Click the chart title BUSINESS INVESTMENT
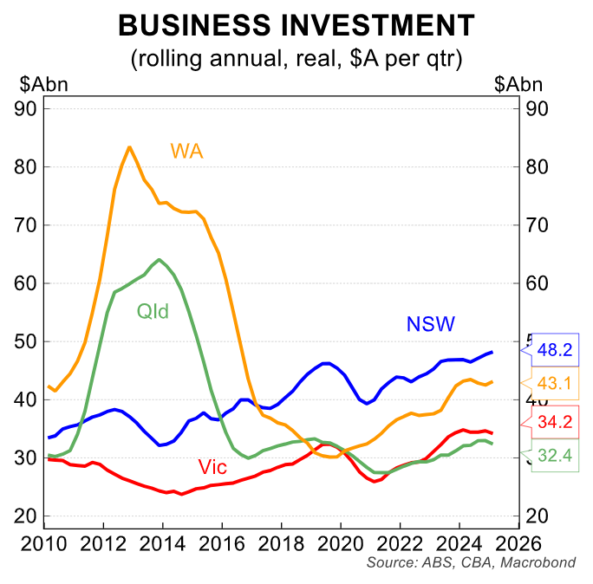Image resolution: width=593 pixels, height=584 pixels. (x=296, y=25)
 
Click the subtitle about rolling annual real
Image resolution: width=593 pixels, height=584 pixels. (x=296, y=59)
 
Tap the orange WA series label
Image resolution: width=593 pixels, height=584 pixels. (x=186, y=151)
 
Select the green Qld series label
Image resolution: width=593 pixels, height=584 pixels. (x=152, y=310)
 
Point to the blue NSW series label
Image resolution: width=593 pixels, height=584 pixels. (x=431, y=324)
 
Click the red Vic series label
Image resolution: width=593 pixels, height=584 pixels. (x=212, y=468)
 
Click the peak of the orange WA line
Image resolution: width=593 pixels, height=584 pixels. (x=129, y=146)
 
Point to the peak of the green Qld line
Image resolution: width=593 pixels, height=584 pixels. (x=159, y=259)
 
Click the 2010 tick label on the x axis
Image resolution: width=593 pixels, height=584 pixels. (x=44, y=545)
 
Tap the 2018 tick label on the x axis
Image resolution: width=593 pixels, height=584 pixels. (x=281, y=545)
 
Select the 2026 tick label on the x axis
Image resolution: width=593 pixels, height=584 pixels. (x=518, y=545)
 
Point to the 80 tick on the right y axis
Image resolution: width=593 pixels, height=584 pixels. (x=535, y=166)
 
